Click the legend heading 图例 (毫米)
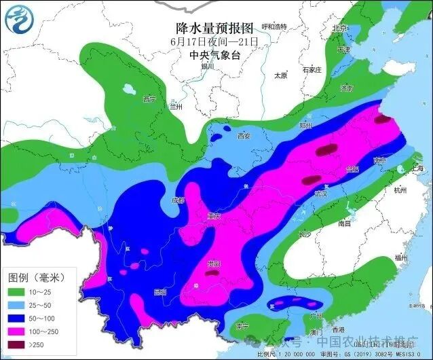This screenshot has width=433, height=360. pyautogui.click(x=36, y=277)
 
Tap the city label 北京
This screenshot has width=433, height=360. pyautogui.click(x=339, y=29)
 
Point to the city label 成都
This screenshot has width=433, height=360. pyautogui.click(x=178, y=200)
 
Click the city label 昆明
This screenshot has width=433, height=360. pyautogui.click(x=160, y=292)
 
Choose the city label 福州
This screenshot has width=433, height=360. pyautogui.click(x=400, y=257)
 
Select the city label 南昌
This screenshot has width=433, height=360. pyautogui.click(x=345, y=222)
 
